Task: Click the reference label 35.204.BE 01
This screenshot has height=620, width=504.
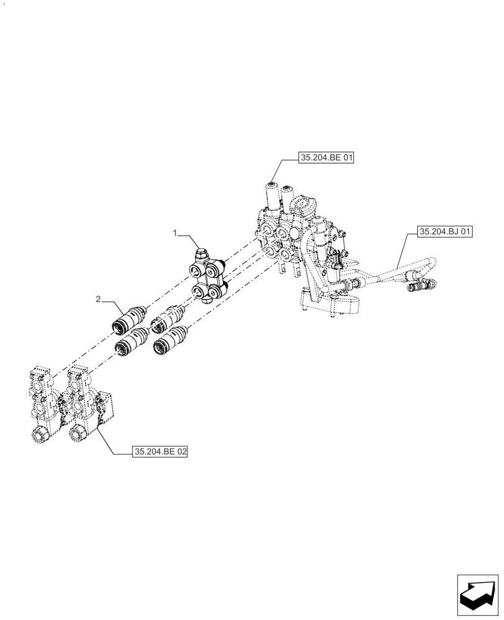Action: (326, 159)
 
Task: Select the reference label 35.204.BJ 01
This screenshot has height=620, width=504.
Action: (445, 232)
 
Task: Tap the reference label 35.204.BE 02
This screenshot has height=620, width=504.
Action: (160, 452)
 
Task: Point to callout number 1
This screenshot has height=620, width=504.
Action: (176, 233)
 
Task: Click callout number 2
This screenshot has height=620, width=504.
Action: (98, 299)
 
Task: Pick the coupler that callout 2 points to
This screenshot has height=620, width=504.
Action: (128, 318)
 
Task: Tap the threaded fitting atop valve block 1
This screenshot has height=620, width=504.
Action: (200, 254)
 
